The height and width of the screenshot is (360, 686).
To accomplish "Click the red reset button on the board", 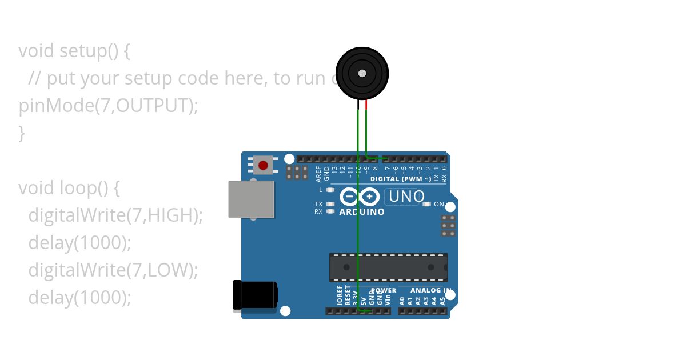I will tap(263, 166).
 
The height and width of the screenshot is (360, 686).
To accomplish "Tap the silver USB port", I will tap(251, 199).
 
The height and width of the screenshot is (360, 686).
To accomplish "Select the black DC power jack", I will tap(255, 295).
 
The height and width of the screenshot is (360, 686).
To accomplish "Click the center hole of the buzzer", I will tap(362, 74).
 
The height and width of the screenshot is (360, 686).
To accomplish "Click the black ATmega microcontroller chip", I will tap(388, 267).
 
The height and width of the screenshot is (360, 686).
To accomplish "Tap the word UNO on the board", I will tap(406, 197).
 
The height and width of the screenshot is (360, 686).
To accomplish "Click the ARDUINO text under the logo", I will tap(362, 212).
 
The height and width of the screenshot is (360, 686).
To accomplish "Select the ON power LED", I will tap(426, 204).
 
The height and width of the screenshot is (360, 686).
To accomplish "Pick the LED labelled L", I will tap(330, 190).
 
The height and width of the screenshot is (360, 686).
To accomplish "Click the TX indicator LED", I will tap(330, 204).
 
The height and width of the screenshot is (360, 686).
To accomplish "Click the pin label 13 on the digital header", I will tap(334, 170).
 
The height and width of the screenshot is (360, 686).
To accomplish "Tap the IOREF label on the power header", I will tap(340, 295).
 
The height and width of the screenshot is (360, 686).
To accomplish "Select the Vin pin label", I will tap(388, 298).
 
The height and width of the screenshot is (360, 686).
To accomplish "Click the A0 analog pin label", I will tap(402, 300).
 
